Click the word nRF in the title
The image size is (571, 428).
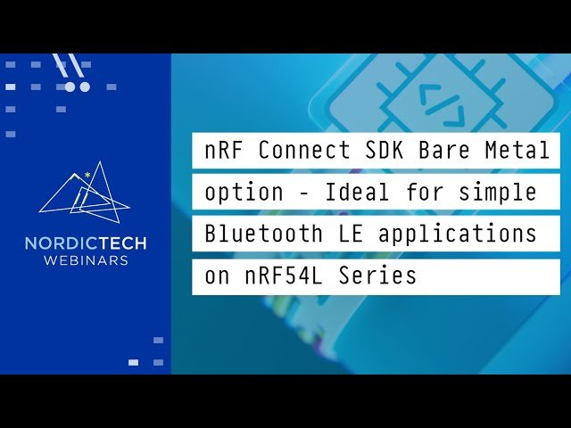point(223,151)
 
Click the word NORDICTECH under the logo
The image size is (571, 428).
point(86,243)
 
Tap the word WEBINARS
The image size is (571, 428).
point(86,260)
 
